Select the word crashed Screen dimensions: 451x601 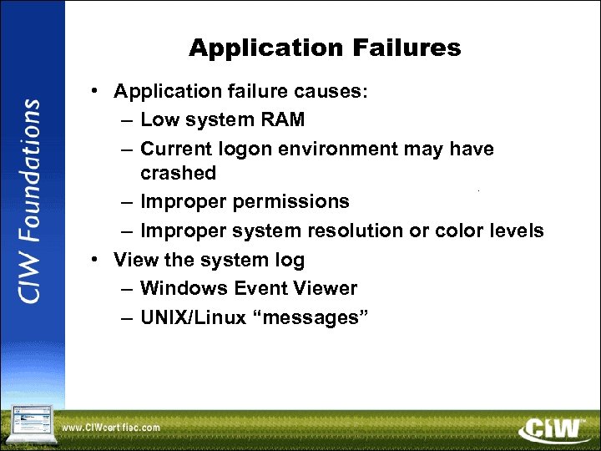pyautogui.click(x=178, y=173)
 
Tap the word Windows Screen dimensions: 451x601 pyautogui.click(x=184, y=288)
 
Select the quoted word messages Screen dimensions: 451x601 pyautogui.click(x=311, y=317)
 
